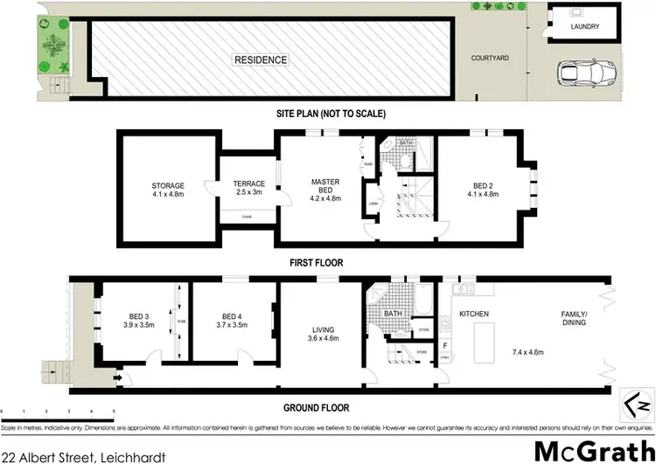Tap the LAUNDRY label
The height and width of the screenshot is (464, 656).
click(584, 27)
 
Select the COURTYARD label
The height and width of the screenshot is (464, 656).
click(490, 58)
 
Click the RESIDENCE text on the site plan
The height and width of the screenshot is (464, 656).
click(260, 59)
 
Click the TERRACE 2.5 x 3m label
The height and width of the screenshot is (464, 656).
click(248, 189)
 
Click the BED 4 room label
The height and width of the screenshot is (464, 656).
click(231, 320)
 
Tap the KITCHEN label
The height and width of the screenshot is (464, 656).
click(473, 313)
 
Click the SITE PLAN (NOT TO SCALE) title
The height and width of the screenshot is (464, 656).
click(328, 114)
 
